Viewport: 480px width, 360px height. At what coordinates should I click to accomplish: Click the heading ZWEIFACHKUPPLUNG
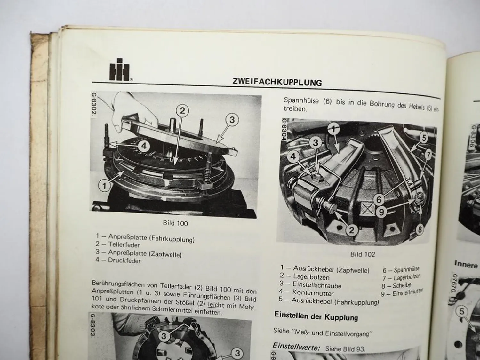277,82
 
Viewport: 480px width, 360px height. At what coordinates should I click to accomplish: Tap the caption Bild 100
175,223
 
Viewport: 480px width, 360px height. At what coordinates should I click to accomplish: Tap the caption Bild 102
362,254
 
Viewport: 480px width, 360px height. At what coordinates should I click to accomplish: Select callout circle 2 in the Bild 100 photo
182,111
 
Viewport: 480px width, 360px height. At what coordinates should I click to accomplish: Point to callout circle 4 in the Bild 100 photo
144,146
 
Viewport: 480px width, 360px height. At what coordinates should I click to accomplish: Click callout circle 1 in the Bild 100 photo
104,185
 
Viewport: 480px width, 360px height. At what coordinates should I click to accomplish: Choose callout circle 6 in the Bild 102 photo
379,200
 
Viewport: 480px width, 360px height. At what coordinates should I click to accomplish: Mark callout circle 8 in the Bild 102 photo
420,229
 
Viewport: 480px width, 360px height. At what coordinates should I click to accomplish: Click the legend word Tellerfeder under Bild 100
119,245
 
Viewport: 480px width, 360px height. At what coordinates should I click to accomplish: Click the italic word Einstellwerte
296,347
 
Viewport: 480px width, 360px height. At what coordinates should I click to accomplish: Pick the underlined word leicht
216,305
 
